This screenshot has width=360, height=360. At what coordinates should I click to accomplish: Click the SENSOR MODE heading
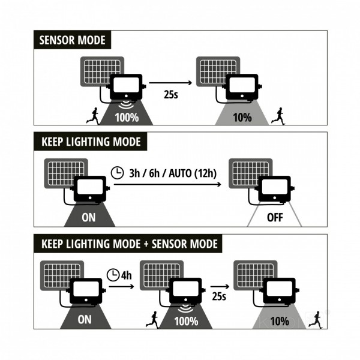[72, 41]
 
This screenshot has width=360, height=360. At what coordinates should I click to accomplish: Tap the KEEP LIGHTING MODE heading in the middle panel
[90, 142]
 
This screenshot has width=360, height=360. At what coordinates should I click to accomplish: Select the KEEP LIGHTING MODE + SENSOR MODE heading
[128, 244]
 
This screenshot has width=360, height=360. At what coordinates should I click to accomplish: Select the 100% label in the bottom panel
[185, 321]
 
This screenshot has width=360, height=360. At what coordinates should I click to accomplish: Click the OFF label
[274, 218]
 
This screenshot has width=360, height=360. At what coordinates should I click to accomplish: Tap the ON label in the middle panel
[89, 218]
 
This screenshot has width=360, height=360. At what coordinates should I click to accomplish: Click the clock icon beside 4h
[113, 276]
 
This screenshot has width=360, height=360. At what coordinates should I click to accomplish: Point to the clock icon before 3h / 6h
[118, 174]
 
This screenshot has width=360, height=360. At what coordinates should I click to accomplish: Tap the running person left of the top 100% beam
[93, 116]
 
